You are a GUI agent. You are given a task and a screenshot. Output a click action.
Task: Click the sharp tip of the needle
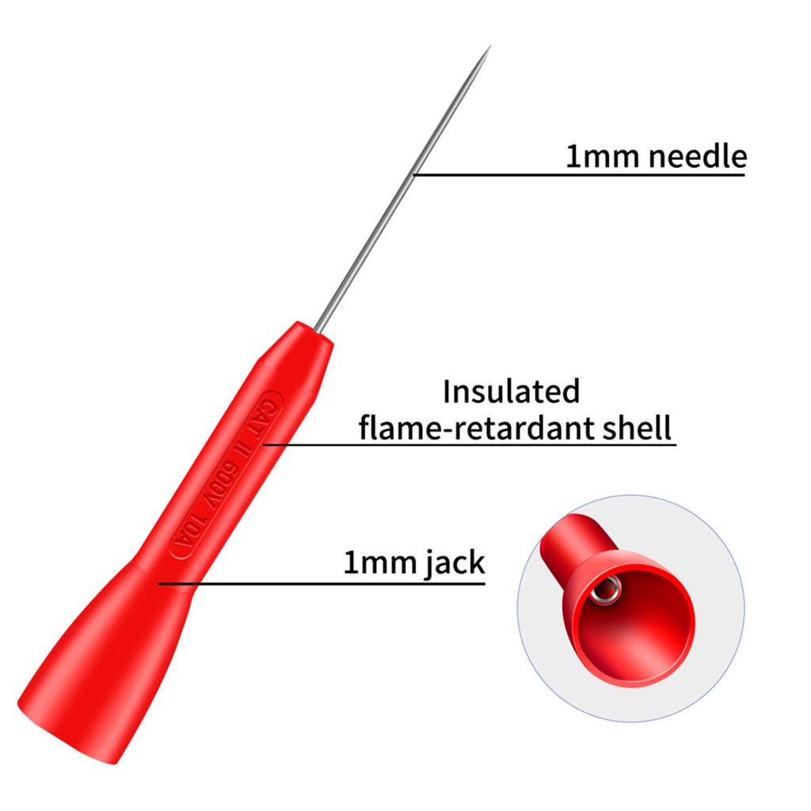[x=489, y=47]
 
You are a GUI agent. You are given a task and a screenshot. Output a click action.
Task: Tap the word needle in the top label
[x=698, y=156]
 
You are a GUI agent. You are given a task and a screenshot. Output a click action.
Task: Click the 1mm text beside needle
[x=603, y=157]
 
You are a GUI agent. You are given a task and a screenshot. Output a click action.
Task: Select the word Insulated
[x=511, y=391]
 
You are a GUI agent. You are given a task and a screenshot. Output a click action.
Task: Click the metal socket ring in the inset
[x=606, y=589]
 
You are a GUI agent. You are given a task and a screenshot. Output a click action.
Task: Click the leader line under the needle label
[x=579, y=175]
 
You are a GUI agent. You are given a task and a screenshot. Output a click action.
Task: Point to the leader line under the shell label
[x=470, y=444]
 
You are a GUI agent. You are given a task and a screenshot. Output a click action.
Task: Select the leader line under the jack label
[x=322, y=584]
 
